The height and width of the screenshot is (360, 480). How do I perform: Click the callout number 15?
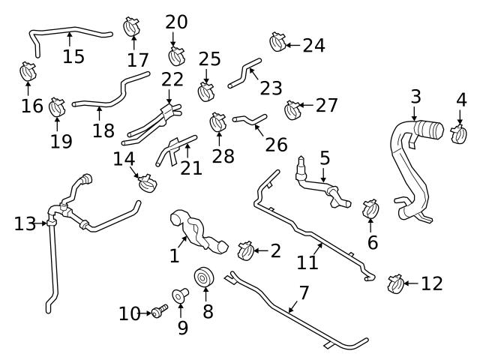pyautogui.click(x=73, y=56)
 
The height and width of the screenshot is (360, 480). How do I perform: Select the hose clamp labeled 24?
pyautogui.click(x=278, y=41)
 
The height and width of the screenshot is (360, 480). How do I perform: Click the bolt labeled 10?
pyautogui.click(x=159, y=311)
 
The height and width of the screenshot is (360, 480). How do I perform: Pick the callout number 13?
pyautogui.click(x=24, y=223)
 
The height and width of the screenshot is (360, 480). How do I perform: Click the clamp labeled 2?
pyautogui.click(x=245, y=250)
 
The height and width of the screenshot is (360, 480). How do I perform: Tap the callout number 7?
pyautogui.click(x=304, y=292)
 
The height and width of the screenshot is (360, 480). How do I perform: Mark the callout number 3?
pyautogui.click(x=415, y=96)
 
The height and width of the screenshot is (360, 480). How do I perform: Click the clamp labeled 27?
pyautogui.click(x=293, y=110)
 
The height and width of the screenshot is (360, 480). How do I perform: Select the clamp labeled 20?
pyautogui.click(x=177, y=55)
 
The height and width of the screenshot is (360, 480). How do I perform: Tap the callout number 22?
pyautogui.click(x=172, y=79)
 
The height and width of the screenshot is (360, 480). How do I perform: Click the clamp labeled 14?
pyautogui.click(x=147, y=181)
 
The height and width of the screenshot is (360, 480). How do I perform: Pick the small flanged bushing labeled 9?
pyautogui.click(x=181, y=295)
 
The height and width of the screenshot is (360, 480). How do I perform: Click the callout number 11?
pyautogui.click(x=307, y=262)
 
